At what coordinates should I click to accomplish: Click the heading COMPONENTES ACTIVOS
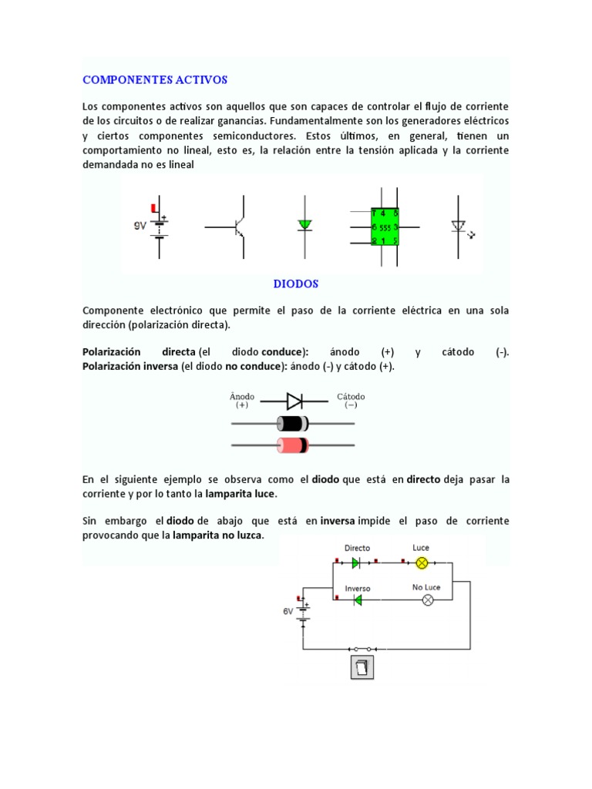[x=155, y=79]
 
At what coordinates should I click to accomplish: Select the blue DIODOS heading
[x=296, y=284]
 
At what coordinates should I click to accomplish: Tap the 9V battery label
[x=140, y=226]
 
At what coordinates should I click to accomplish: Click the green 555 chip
[x=385, y=227]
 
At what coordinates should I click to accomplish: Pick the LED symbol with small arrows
[x=459, y=227]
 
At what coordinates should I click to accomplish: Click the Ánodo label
[x=242, y=397]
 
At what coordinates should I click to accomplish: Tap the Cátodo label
[x=351, y=397]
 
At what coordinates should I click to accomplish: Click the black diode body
[x=292, y=423]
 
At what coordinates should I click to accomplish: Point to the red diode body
[x=292, y=445]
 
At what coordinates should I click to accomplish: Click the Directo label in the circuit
[x=357, y=549]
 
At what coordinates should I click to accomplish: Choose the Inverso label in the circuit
[x=358, y=589]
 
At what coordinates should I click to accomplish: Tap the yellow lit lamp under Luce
[x=422, y=562]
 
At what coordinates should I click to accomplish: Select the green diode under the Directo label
[x=355, y=562]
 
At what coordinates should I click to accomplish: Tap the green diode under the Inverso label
[x=357, y=600]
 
